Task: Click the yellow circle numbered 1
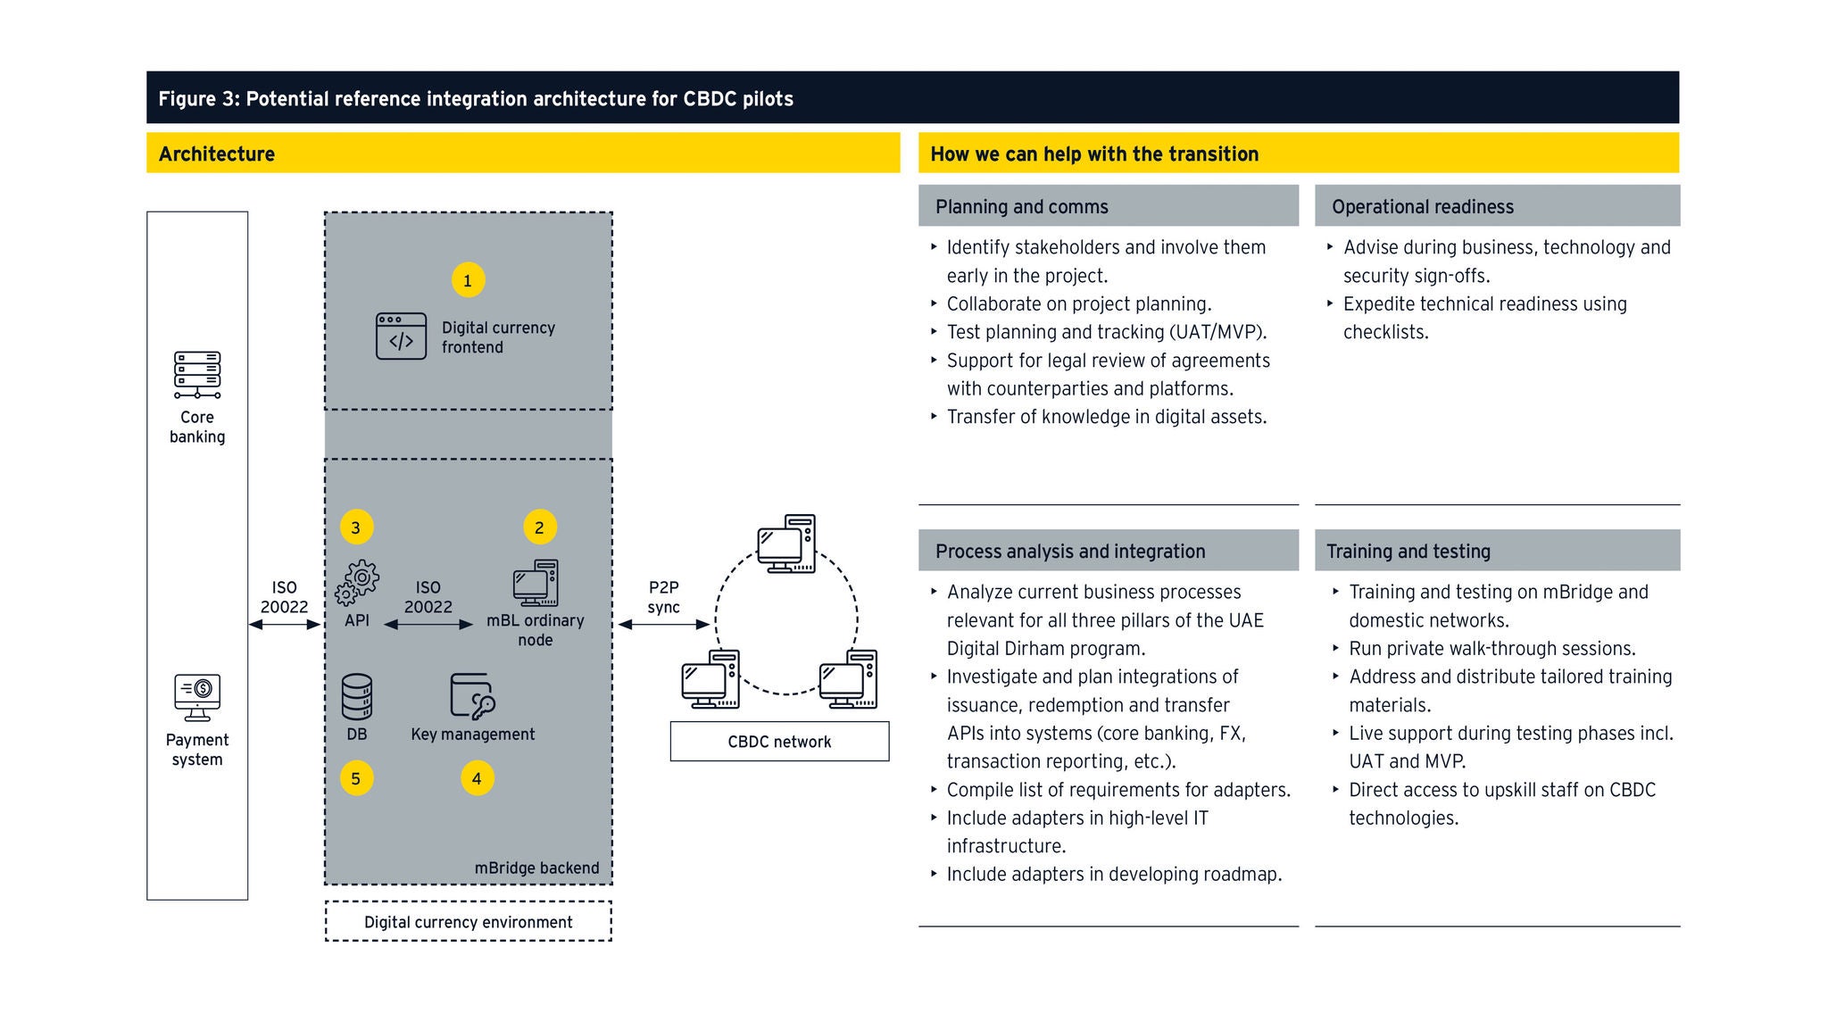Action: (x=468, y=280)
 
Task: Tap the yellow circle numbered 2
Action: (x=539, y=527)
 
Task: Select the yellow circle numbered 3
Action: (x=356, y=527)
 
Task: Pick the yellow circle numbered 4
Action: (x=477, y=778)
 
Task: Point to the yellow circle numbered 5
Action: (x=356, y=778)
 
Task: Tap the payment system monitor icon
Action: (x=197, y=697)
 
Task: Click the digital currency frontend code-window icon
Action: (x=401, y=336)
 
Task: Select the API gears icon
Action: (x=357, y=583)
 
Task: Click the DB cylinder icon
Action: (x=357, y=697)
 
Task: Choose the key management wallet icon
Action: (x=472, y=696)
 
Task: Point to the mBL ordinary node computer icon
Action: (x=536, y=583)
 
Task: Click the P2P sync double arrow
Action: (x=664, y=625)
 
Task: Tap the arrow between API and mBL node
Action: (x=428, y=625)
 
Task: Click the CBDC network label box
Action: (x=779, y=742)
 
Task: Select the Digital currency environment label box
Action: (x=469, y=922)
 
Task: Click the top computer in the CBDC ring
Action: (x=786, y=544)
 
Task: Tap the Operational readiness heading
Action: (x=1423, y=207)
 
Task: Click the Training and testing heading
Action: (x=1408, y=552)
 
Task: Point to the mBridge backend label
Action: (x=536, y=868)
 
